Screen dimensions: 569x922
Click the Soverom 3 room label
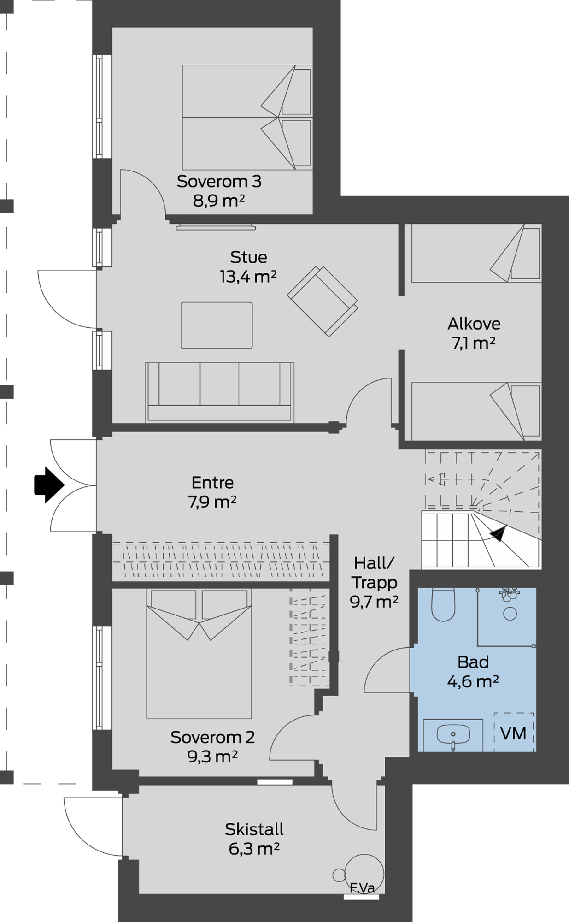[x=219, y=181]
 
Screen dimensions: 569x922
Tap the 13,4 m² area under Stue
[x=248, y=277]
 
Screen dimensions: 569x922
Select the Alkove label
[x=474, y=324]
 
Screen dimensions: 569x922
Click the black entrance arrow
[x=49, y=485]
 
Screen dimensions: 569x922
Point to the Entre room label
[x=212, y=483]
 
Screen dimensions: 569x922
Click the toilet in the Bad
[x=443, y=604]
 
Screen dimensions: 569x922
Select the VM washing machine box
[x=514, y=732]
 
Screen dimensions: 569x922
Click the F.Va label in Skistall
[x=362, y=887]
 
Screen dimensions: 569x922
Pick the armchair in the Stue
[x=323, y=301]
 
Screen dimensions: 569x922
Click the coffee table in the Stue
[x=217, y=325]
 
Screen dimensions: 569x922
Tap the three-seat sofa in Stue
[x=219, y=392]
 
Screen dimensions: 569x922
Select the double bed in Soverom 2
[x=199, y=654]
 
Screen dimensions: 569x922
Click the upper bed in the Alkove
[x=476, y=253]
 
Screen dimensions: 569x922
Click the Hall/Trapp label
[x=374, y=573]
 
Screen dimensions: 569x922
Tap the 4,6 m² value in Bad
[x=473, y=681]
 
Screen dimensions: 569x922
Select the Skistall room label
[x=254, y=829]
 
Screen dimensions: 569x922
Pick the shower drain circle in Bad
[x=510, y=614]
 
